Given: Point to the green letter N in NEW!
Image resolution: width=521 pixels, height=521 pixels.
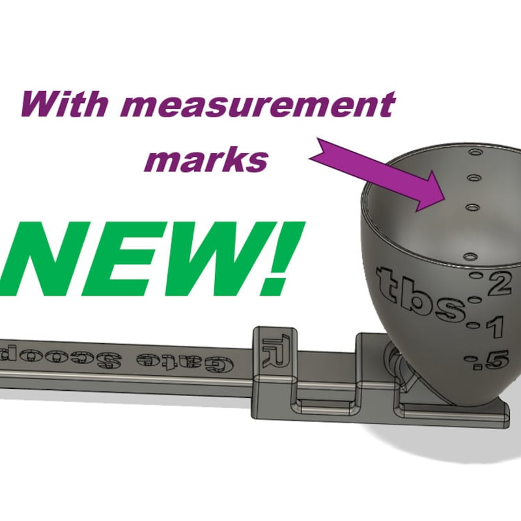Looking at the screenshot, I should coord(49,260).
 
